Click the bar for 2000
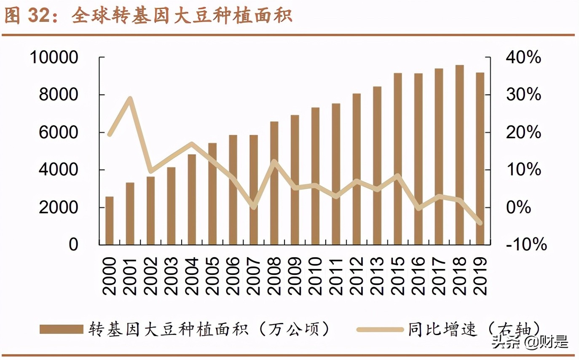(x=110, y=220)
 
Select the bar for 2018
(x=459, y=155)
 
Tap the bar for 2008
(x=274, y=183)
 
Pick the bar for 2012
(x=357, y=169)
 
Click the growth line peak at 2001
(x=130, y=99)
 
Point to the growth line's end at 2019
(x=480, y=223)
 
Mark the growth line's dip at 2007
(x=253, y=207)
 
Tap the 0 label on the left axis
(x=74, y=244)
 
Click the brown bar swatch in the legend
(x=62, y=329)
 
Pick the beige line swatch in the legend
(x=379, y=329)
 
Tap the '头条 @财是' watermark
(x=530, y=342)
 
